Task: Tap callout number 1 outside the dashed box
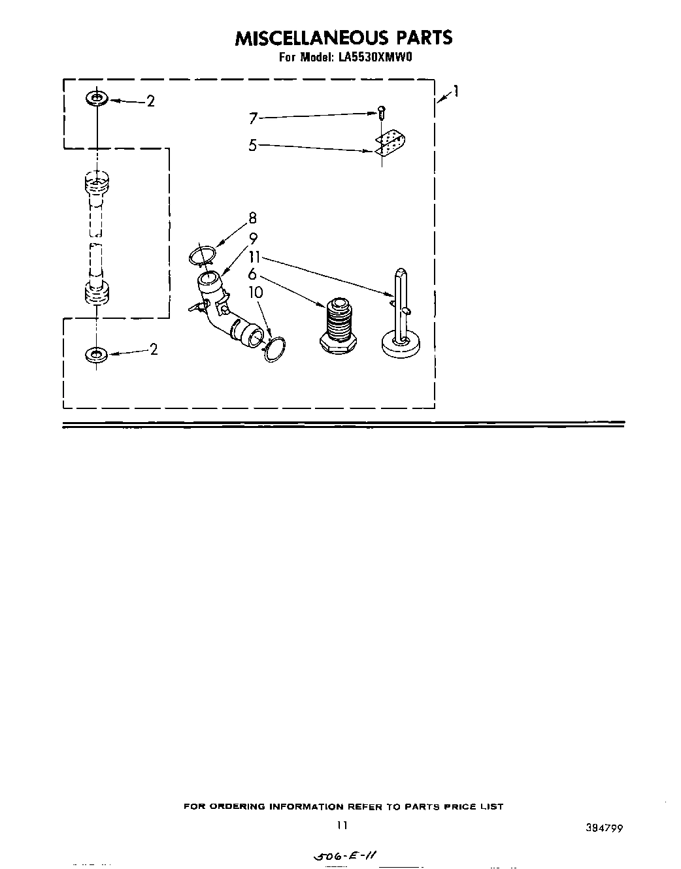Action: tap(456, 91)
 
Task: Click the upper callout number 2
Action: tap(151, 101)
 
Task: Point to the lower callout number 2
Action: tap(154, 350)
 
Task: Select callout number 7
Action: tap(253, 118)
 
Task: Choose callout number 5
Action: tap(252, 145)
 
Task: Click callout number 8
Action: tap(252, 219)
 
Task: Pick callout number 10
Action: tap(256, 292)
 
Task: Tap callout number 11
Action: tap(254, 257)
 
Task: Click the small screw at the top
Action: tap(381, 112)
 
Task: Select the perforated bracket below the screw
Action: tap(390, 143)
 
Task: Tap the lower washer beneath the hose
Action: tap(97, 355)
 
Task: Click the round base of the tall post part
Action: tap(401, 343)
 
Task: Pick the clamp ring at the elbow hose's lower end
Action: tap(275, 350)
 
